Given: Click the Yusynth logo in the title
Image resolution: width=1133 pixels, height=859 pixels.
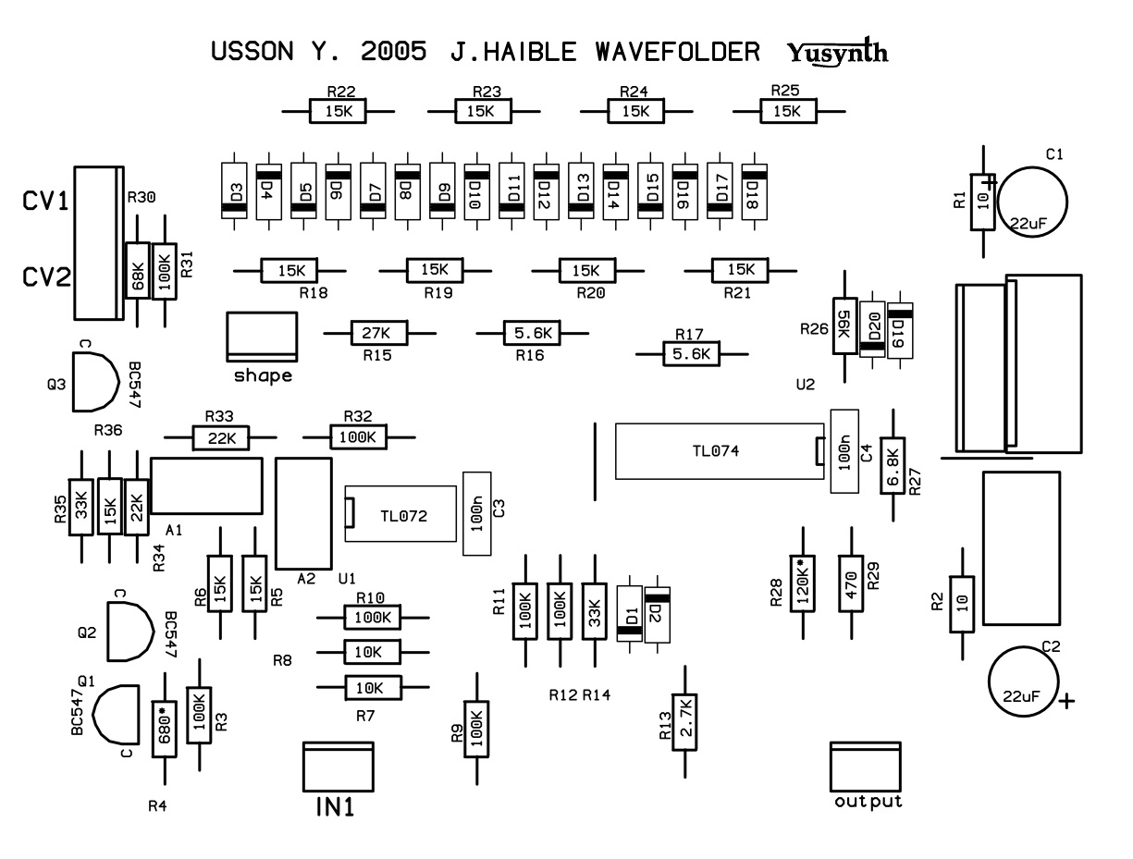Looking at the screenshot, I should coord(838,52).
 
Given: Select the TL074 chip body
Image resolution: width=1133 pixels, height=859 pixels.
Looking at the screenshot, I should coord(717,451).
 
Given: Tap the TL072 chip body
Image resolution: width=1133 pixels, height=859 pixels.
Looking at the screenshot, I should coord(404,513).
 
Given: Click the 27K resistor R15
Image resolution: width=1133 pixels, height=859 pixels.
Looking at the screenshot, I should coord(378,332).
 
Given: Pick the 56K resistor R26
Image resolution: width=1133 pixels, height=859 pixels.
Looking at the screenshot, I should coord(844,325).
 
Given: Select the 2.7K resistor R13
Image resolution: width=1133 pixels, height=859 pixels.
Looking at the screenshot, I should coord(684,720).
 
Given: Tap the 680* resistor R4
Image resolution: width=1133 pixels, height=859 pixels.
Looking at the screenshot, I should coord(164,728).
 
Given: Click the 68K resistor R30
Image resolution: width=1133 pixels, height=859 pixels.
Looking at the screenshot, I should coord(137,270).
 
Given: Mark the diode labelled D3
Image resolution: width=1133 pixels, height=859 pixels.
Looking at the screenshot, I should coord(236,190).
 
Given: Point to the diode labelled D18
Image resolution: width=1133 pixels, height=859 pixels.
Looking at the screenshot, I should coord(755,190).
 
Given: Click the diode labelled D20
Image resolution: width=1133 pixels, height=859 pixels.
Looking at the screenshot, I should coord(871,329).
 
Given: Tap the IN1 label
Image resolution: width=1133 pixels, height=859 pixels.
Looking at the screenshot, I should coord(335,806).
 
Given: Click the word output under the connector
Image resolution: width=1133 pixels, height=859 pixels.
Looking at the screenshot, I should coord(868,801).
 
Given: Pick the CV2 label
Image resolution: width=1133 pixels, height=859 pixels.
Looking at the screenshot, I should coord(46,276).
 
